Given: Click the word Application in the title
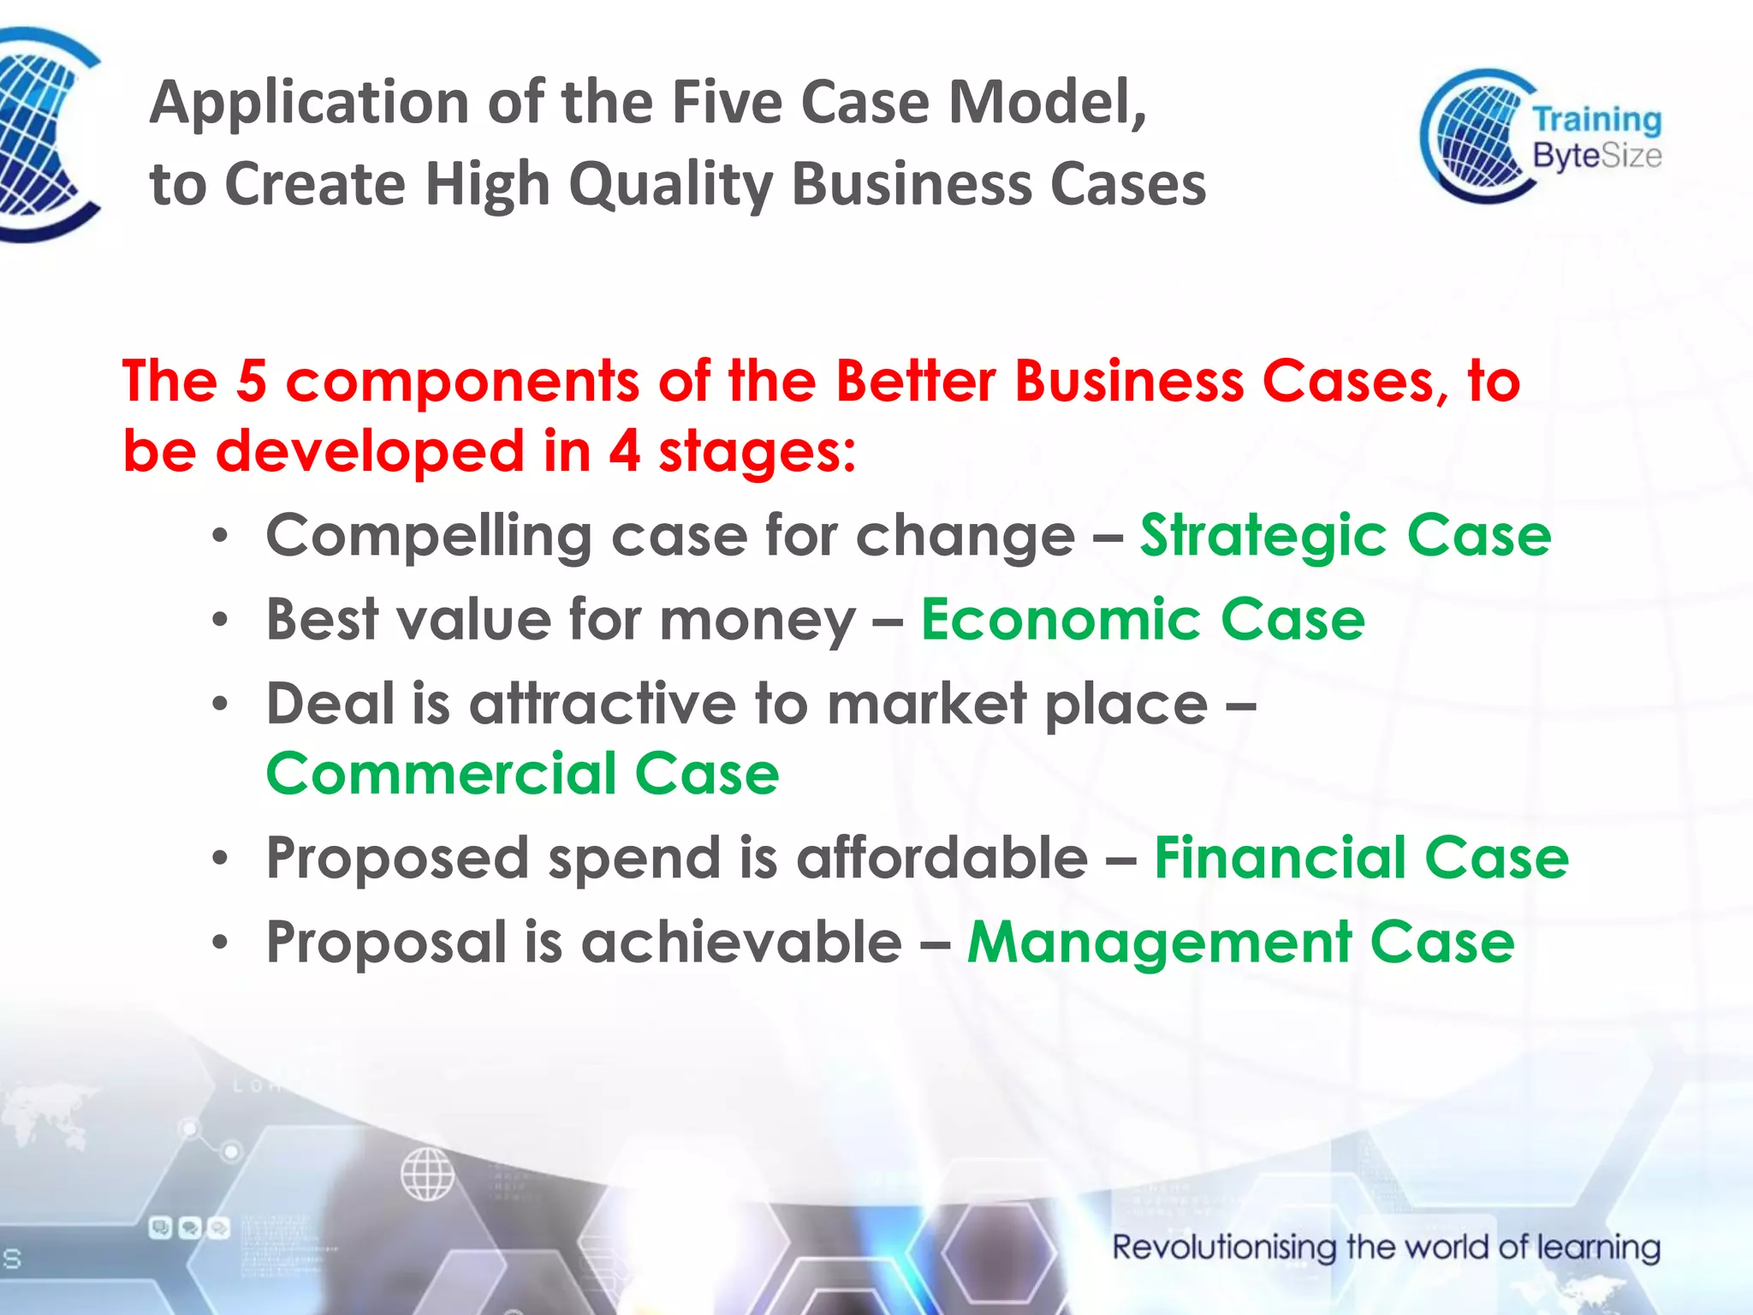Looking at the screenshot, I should click(308, 104).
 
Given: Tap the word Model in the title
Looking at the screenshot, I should click(1046, 102).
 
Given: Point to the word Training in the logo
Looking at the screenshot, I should click(1596, 120).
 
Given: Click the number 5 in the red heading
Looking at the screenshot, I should click(251, 381).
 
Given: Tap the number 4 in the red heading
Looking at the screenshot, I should click(624, 451).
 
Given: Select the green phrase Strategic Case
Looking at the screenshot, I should click(1345, 536).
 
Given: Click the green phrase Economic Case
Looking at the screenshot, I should click(1143, 619).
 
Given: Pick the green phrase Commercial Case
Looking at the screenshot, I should click(522, 774).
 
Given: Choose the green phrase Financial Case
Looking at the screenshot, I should click(1361, 858).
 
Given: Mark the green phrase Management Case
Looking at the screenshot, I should click(1240, 942).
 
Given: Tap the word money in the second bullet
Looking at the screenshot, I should click(757, 619).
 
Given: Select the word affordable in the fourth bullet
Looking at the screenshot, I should click(942, 858).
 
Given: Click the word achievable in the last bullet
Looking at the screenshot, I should click(741, 942).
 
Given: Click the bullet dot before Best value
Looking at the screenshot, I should click(221, 620).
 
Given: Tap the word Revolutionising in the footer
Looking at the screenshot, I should click(1223, 1247).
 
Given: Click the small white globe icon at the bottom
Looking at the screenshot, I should click(427, 1174).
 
